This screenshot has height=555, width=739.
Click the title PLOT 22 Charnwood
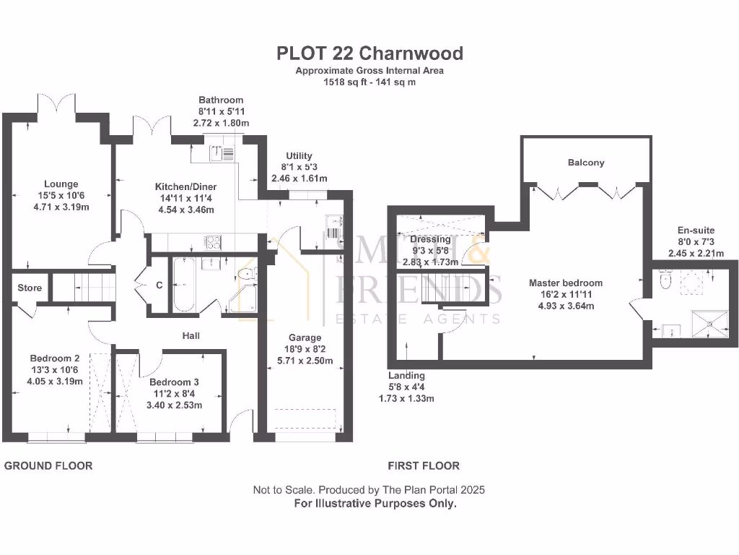369,53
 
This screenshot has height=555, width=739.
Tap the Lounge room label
60,184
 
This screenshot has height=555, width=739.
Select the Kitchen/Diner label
185,186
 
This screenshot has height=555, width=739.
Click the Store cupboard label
30,288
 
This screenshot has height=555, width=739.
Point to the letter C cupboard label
159,285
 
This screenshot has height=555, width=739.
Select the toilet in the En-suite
665,279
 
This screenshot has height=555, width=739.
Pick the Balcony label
585,163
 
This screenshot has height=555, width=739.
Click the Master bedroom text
565,283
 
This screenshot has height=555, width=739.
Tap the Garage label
305,337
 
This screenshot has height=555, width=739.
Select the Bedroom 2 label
55,358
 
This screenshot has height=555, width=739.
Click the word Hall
191,335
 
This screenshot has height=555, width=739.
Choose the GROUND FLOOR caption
48,465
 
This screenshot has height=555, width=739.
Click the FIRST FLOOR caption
424,465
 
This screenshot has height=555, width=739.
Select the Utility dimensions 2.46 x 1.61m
299,178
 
